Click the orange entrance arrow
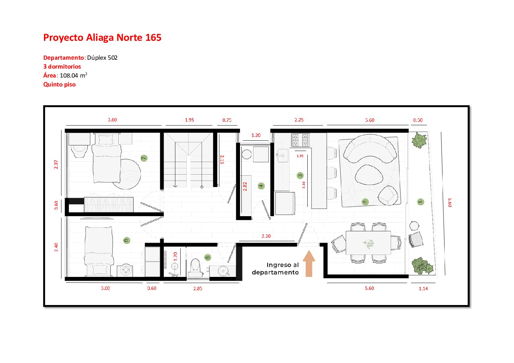click(309, 264)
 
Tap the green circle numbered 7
click(144, 158)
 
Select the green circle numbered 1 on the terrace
click(421, 202)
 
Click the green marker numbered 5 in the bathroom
click(207, 257)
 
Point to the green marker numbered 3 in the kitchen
click(300, 176)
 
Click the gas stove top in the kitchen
click(300, 140)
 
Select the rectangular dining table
click(368, 243)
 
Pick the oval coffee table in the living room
click(369, 175)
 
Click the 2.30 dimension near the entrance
click(266, 236)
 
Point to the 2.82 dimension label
click(245, 186)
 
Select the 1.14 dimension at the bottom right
click(423, 289)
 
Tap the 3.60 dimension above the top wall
click(112, 120)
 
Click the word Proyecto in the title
click(63, 38)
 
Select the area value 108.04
click(69, 75)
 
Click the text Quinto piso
click(59, 84)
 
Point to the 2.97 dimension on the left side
click(56, 164)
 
